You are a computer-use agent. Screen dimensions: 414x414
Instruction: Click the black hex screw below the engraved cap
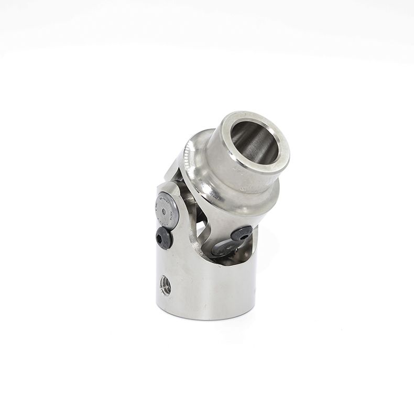[x=164, y=239]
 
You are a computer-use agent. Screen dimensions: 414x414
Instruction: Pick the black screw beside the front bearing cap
[x=242, y=234]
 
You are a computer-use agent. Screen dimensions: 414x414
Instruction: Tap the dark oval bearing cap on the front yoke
[x=225, y=248]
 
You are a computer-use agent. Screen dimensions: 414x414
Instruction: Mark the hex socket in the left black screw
[x=162, y=238]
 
